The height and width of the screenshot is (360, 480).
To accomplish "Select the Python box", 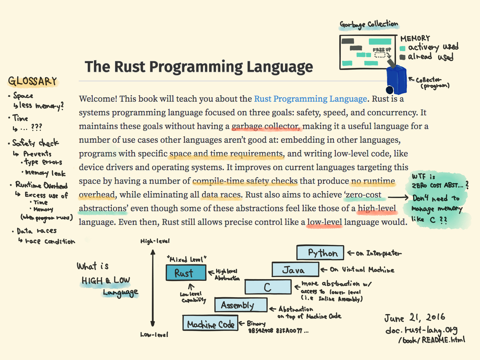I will [x=320, y=253].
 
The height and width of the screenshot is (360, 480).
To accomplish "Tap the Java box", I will [x=296, y=270].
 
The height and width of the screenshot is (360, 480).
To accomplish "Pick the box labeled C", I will [x=268, y=287].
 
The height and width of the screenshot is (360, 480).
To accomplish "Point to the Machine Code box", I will [x=210, y=324].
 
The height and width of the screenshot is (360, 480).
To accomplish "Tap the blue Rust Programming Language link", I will [x=310, y=99].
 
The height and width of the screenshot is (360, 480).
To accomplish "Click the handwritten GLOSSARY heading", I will [x=33, y=82].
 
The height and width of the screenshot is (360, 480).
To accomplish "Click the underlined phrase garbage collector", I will [x=266, y=127].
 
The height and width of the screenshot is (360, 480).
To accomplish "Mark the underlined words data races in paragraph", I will [x=221, y=196].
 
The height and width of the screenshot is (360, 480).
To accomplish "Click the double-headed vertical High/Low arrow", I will [x=152, y=288].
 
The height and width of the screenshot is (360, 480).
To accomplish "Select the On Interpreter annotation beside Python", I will [x=374, y=253].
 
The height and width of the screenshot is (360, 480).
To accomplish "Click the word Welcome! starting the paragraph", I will [x=97, y=99].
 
